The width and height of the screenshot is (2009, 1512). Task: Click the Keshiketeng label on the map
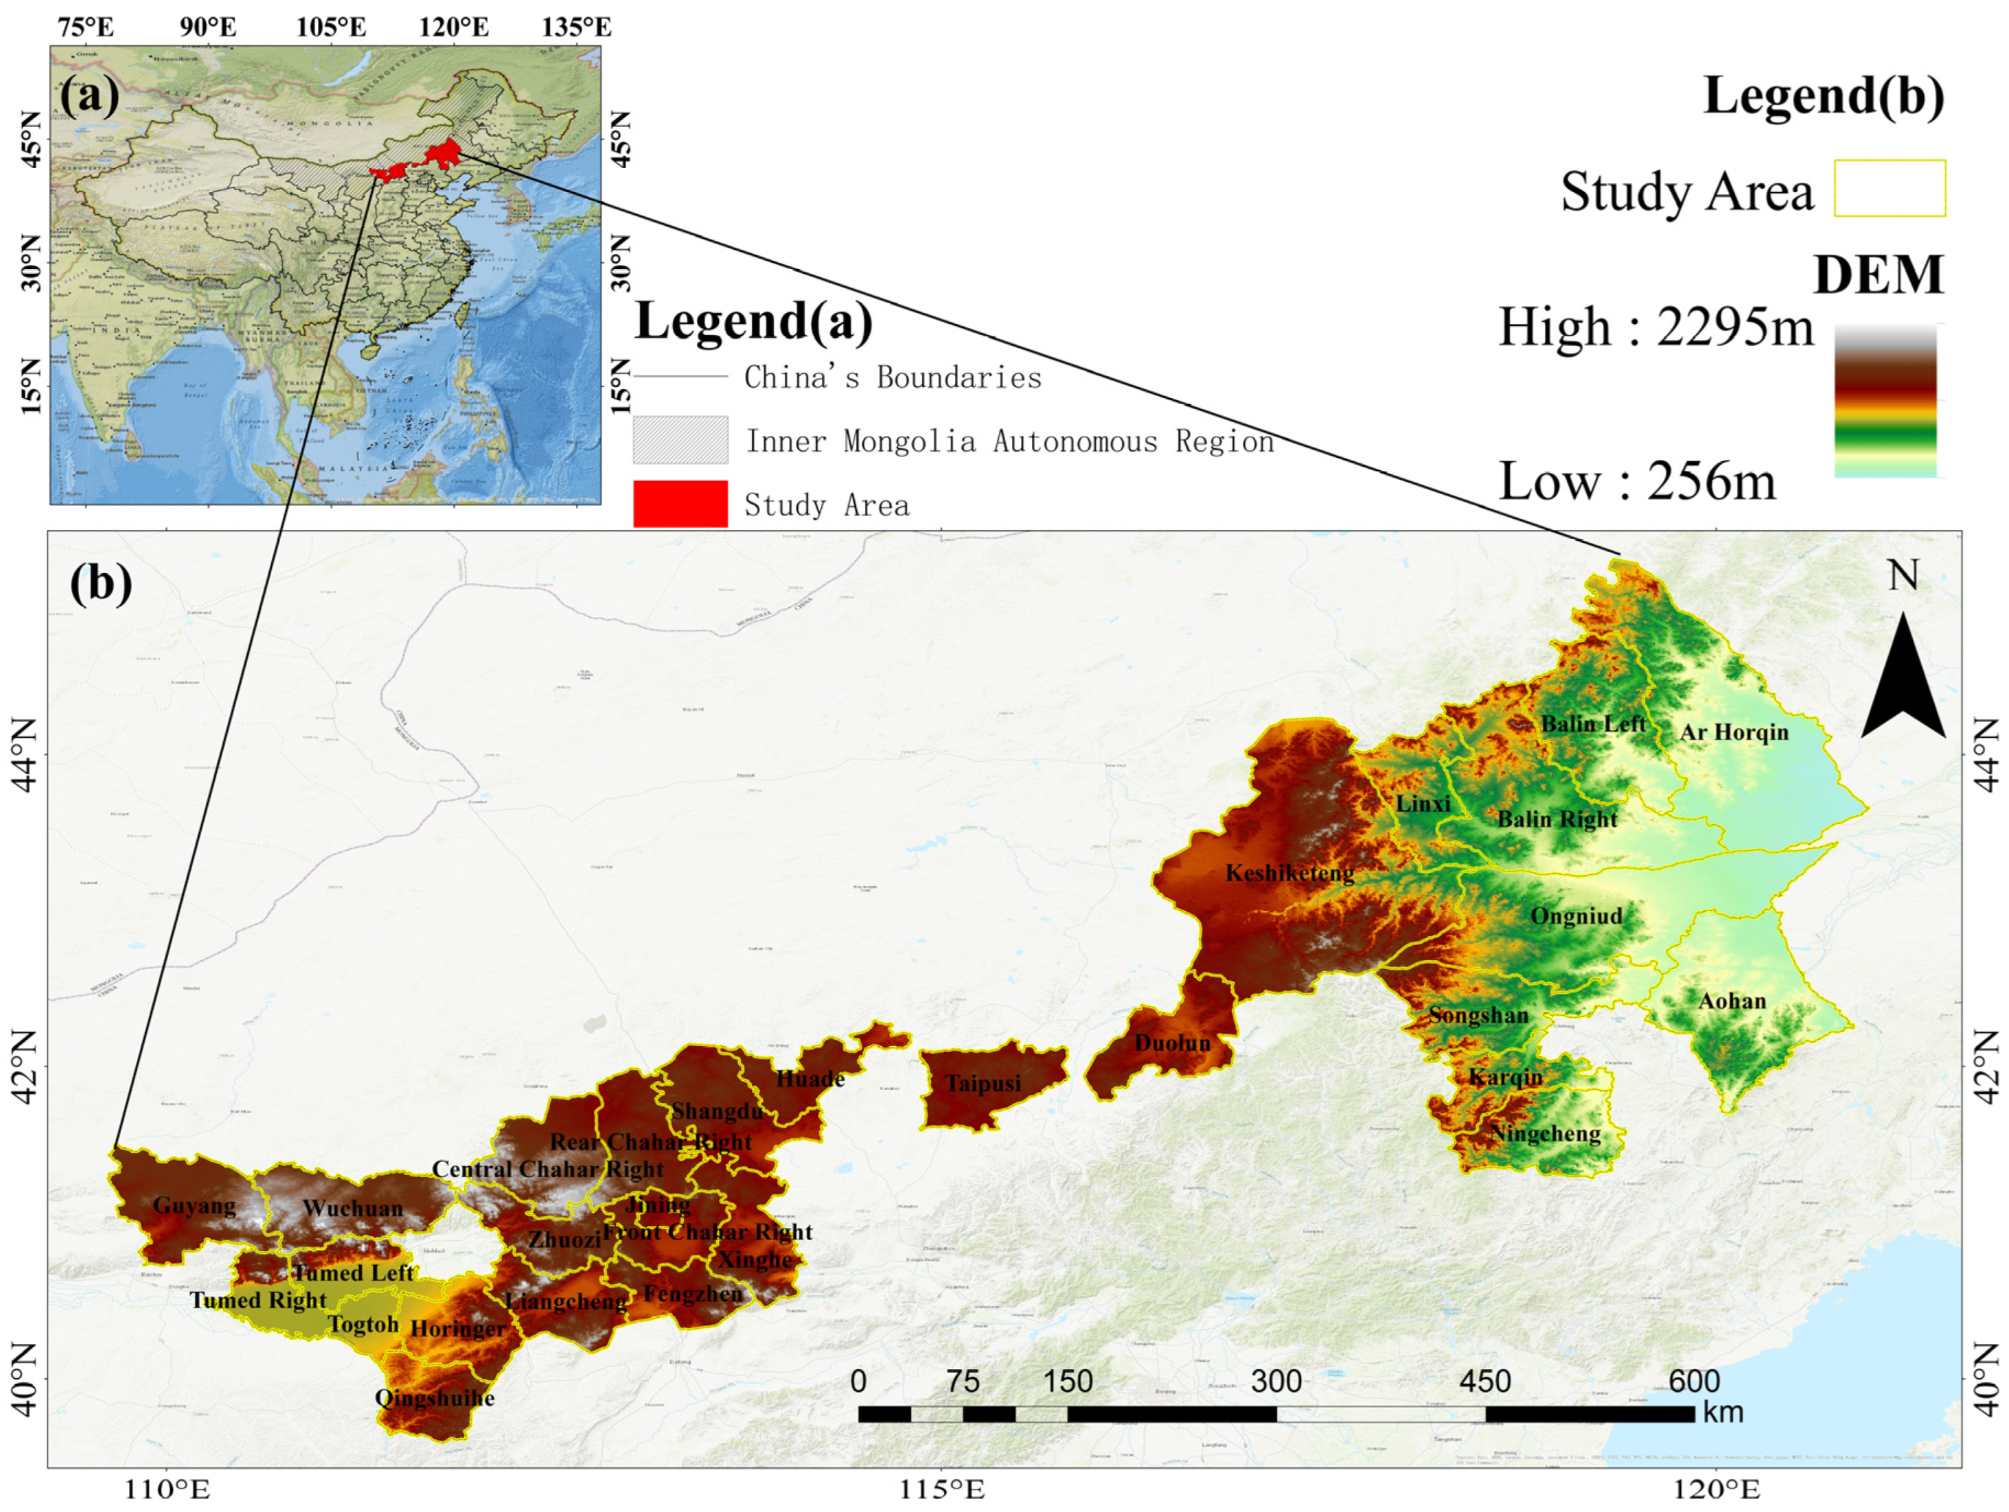point(1289,874)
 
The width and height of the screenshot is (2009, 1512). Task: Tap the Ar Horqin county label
point(1734,732)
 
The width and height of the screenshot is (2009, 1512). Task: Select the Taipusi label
point(983,1083)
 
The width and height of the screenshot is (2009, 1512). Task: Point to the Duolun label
point(1173,1043)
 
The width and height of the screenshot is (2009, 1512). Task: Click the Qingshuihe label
point(435,1397)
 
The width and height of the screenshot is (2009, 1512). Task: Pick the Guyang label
point(194,1206)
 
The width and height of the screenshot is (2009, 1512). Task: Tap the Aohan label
point(1732,1001)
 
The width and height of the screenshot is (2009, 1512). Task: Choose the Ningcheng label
point(1545,1133)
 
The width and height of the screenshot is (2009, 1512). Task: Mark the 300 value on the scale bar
point(1276,1381)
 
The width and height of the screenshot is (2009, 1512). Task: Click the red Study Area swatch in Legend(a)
point(680,504)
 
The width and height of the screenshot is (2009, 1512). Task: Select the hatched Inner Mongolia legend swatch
point(680,441)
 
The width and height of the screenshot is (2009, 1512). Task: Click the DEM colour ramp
point(1885,400)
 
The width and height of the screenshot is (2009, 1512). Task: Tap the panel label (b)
point(100,583)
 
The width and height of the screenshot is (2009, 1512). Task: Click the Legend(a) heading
point(754,321)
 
